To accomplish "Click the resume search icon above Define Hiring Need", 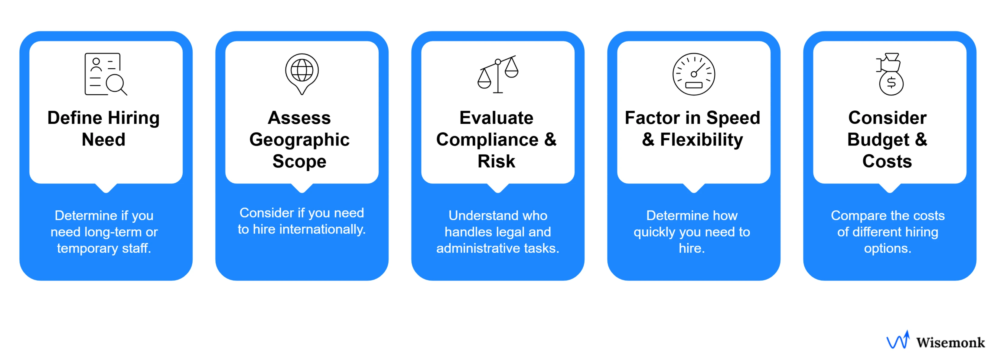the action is pos(105,74).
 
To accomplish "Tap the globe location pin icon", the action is pos(302,73).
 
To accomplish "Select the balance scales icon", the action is pos(498,74).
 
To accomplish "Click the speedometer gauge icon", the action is pos(693,74).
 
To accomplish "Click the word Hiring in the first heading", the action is pos(133,118).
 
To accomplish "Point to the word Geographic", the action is pos(299,140).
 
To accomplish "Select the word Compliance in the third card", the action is pos(487,140).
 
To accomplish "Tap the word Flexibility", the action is pos(701,140).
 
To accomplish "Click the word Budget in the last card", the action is pos(878,140).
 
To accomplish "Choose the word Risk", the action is pos(496,161).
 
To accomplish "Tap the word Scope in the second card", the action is pos(299,161).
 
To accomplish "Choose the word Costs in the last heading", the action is pos(887,161).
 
